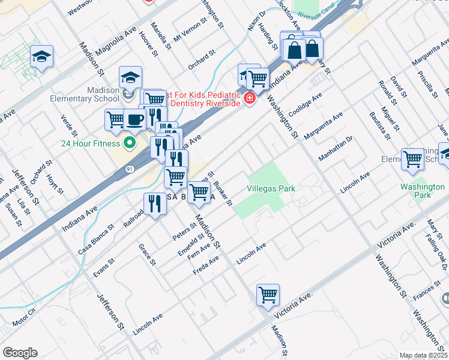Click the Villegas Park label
271,188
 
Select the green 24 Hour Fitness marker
128,143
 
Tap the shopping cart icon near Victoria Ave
268,294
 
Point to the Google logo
20,353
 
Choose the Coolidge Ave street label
306,104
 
